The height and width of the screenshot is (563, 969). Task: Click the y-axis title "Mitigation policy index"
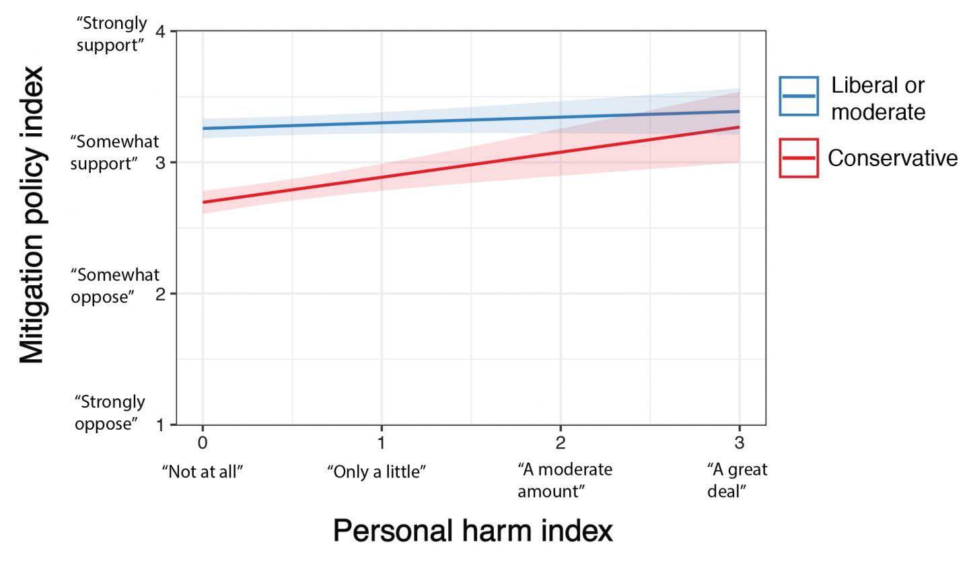pos(31,215)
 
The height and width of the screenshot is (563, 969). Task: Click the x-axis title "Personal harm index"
pos(472,531)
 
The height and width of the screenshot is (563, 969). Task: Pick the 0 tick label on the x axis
pos(203,443)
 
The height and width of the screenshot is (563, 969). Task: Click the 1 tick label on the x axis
pos(382,443)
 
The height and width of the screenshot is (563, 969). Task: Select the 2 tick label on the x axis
pos(561,443)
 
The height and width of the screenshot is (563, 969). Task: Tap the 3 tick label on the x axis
pos(740,443)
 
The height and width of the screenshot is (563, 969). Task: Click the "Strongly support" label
pos(111,34)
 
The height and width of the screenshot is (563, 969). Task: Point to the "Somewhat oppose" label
pos(115,285)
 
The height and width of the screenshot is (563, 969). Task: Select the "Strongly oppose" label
pos(109,412)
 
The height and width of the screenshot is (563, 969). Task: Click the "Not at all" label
pos(202,472)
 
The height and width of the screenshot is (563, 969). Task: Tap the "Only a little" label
pos(376,472)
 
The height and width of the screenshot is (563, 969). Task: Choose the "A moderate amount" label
pos(564,480)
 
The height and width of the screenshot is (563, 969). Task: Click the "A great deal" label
pos(736,480)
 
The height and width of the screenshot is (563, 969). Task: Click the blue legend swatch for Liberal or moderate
pos(799,96)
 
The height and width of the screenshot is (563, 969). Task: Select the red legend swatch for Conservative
pos(799,158)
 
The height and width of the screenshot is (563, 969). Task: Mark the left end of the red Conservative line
pos(203,202)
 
